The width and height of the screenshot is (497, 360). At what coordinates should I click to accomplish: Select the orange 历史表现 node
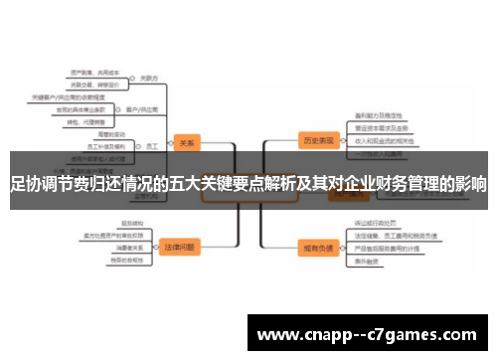point(317,140)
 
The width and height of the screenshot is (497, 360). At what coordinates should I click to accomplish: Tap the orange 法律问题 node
point(181,247)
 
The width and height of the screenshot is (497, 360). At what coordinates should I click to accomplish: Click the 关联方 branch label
point(149,78)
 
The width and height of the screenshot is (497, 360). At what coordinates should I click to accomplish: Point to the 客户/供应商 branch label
point(137,107)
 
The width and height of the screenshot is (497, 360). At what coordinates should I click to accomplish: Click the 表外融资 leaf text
point(367,261)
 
